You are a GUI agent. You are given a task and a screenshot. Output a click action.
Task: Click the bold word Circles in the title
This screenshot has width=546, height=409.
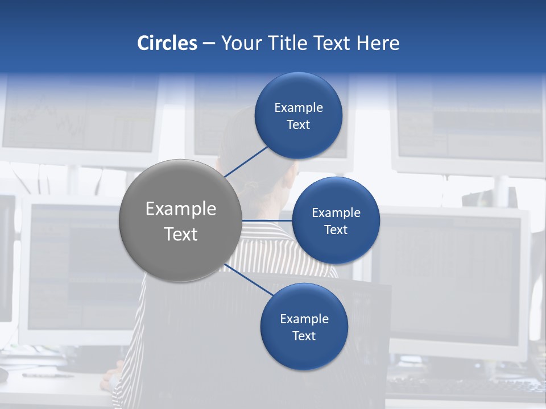tap(167, 43)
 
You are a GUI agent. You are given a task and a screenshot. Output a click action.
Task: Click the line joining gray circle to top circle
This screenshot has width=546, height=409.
tap(246, 161)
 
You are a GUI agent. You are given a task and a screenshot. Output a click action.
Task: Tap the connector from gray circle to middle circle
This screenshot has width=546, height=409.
tap(267, 220)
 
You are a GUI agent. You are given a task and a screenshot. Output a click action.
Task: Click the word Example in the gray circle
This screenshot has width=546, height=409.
tap(180, 209)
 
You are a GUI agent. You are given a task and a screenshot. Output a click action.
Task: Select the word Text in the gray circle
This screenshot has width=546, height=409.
tap(180, 234)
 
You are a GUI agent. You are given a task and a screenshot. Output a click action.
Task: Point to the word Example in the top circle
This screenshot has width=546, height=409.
tap(298, 108)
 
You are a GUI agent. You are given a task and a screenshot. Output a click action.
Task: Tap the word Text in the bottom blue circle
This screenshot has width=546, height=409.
tap(304, 336)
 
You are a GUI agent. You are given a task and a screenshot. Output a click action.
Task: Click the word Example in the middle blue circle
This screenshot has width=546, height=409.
tap(336, 213)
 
